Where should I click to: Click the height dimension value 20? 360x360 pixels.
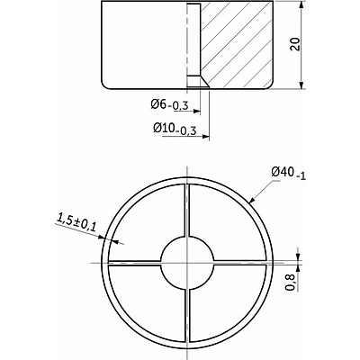pos(295,44)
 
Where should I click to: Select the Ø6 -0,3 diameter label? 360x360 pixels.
pos(169,104)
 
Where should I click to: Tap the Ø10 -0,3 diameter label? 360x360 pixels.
pos(175,129)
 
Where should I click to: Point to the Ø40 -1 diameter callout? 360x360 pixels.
pos(288,173)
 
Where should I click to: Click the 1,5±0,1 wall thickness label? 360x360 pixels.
pos(76,222)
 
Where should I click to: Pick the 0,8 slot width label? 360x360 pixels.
pos(290,283)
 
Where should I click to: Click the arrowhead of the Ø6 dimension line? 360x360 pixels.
pos(197,112)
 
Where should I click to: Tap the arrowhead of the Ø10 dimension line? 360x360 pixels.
pos(205,137)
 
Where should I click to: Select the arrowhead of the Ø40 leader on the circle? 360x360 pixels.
pos(252,200)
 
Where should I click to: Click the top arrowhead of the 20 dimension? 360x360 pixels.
pos(301,5)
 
